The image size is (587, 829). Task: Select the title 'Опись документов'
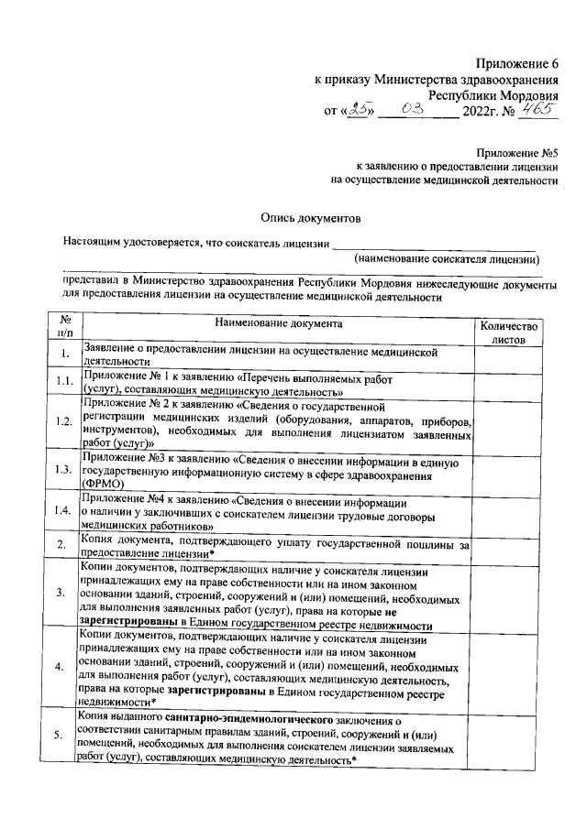point(305,218)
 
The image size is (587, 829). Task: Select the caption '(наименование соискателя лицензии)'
point(447,259)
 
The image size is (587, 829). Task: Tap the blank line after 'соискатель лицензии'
point(435,245)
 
